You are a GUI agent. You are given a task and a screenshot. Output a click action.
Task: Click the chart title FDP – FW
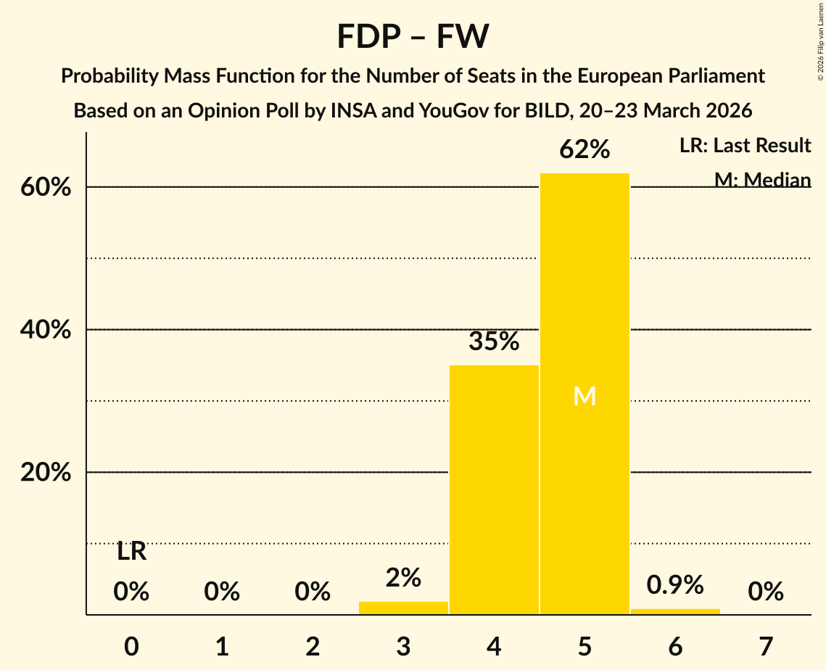tap(413, 36)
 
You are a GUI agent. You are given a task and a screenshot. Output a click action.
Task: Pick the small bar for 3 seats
tap(403, 608)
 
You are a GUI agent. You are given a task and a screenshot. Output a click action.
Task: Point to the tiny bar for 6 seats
tap(675, 611)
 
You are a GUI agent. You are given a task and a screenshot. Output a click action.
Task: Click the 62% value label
tap(585, 149)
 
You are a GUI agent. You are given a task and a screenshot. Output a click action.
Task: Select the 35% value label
tap(494, 341)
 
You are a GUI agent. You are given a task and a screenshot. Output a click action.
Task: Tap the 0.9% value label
tap(675, 584)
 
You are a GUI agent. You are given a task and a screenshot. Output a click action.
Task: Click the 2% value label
tap(403, 578)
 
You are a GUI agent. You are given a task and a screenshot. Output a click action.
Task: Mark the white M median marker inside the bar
tap(585, 396)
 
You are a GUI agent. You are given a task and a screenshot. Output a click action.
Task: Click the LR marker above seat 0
tap(131, 552)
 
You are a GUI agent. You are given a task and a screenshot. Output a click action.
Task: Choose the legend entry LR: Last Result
tap(745, 146)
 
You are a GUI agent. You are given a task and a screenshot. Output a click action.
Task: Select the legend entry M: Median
tap(762, 179)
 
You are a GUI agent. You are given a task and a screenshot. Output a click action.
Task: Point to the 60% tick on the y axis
tap(45, 187)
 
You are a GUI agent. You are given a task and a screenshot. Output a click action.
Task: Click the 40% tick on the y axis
tap(45, 330)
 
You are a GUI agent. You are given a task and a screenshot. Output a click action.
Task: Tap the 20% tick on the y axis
tap(45, 473)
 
